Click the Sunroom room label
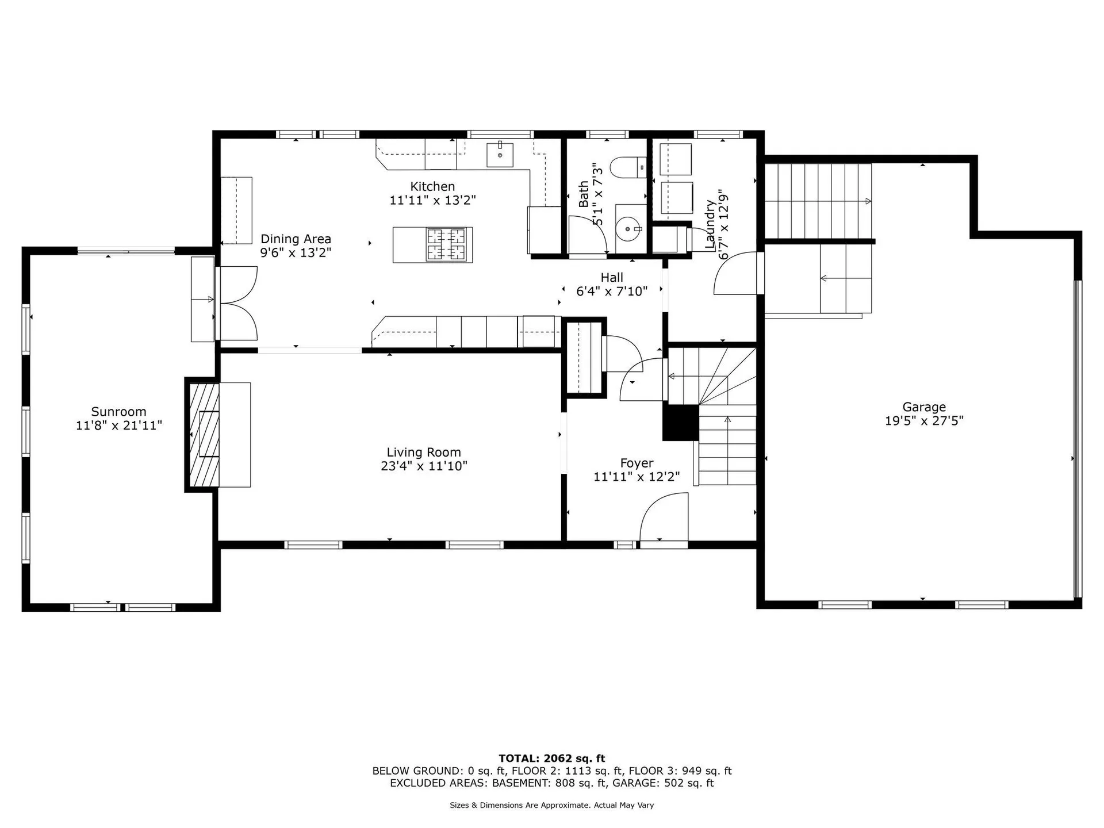118,412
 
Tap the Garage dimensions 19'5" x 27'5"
923,421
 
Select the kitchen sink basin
500,154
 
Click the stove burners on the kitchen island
446,245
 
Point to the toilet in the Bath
627,167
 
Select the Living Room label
424,453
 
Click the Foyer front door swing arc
662,516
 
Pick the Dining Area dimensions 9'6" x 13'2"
296,253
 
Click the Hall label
612,278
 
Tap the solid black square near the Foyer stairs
680,423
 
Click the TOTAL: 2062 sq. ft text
551,758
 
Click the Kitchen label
432,186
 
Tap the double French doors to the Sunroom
237,304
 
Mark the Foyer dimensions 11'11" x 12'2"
637,477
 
